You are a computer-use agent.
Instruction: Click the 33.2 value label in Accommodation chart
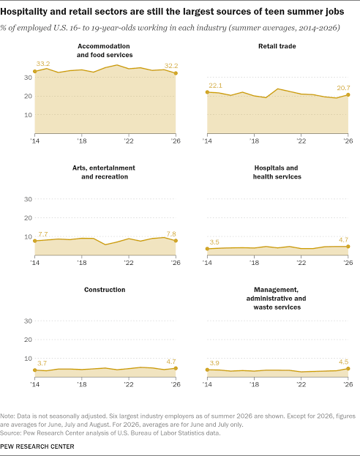coord(43,64)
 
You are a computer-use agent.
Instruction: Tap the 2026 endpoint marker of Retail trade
coord(348,95)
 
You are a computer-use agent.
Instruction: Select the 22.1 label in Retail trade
coord(215,86)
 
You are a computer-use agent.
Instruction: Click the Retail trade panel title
coord(277,46)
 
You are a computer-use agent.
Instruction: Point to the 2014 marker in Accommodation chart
coord(35,71)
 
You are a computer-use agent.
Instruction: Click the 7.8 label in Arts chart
coord(171,233)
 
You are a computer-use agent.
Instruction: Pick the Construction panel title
coord(105,290)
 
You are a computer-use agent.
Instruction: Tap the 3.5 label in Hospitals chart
coord(214,242)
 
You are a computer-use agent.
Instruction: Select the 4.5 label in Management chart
coord(343,362)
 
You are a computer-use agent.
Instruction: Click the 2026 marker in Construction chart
coord(176,368)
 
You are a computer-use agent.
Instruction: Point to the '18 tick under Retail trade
coord(254,141)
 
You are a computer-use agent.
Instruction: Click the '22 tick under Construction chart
coord(129,384)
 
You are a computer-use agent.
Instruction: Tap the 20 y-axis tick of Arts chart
coord(28,218)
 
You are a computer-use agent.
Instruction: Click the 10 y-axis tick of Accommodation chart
coord(28,115)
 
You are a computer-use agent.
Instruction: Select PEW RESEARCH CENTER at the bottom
coord(37,446)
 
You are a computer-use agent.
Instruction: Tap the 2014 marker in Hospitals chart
coord(207,249)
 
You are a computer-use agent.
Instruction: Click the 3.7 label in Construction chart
coord(42,363)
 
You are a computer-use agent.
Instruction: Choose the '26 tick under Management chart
coord(348,384)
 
